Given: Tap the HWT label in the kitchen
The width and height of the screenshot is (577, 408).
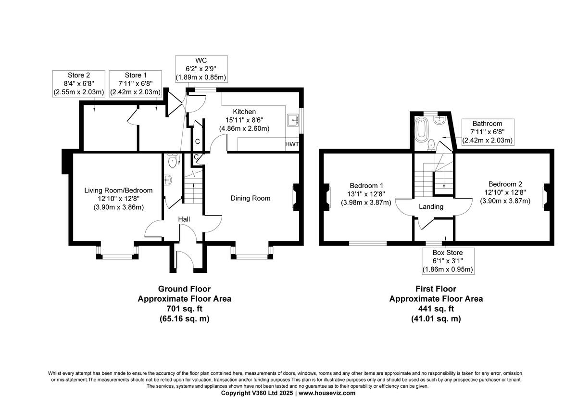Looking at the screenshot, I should (x=292, y=144).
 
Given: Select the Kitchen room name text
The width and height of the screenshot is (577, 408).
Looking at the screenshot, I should (x=244, y=112).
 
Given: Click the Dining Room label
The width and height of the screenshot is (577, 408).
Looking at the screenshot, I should (x=250, y=198).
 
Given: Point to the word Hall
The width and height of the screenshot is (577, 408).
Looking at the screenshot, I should (x=184, y=219).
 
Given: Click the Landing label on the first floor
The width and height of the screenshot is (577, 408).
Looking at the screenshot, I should (x=431, y=207).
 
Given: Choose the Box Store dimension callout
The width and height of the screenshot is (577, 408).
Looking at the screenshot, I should (x=447, y=261).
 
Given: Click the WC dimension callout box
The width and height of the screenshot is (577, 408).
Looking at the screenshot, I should (x=201, y=68).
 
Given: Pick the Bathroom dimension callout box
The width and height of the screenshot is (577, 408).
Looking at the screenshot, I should (x=487, y=132).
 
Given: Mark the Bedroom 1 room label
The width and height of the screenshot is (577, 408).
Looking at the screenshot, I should (x=366, y=186).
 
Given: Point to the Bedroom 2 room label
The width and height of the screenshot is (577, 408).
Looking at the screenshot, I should (x=505, y=184).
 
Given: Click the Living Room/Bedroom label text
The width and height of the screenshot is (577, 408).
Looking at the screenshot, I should (x=118, y=191).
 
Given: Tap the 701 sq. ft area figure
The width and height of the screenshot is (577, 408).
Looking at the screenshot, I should (x=184, y=308).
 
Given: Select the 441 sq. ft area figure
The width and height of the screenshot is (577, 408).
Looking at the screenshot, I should (x=436, y=308).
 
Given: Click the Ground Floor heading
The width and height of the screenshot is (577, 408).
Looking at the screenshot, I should (x=184, y=289).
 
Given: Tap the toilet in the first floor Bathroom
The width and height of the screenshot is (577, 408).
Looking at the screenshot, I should (x=431, y=143).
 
